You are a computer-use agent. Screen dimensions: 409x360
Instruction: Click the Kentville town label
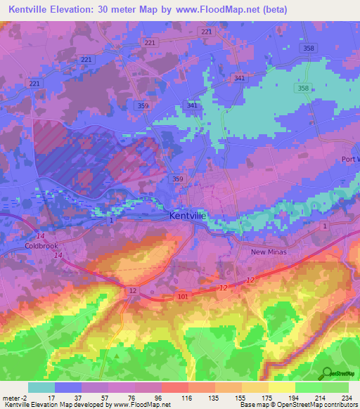coord(188,216)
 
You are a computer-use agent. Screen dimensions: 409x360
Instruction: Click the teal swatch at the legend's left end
coord(41,387)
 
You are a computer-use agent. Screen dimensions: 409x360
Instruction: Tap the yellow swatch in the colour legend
coord(281,387)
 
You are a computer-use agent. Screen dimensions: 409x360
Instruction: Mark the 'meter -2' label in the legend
coord(15,397)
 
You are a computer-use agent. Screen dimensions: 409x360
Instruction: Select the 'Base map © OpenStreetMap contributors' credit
coord(299,405)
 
